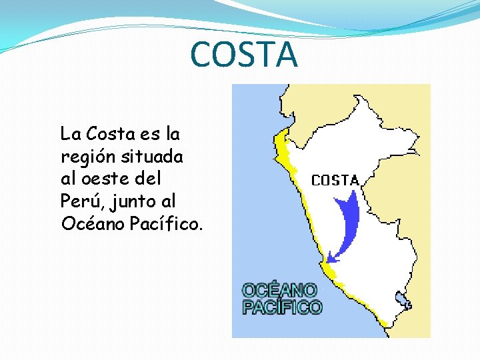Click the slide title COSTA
(244, 55)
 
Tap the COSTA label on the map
(335, 180)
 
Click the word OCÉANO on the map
(279, 291)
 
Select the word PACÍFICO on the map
(281, 307)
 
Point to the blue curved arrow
(348, 220)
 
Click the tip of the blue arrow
(330, 259)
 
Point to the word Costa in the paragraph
(111, 134)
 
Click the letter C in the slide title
(202, 55)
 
